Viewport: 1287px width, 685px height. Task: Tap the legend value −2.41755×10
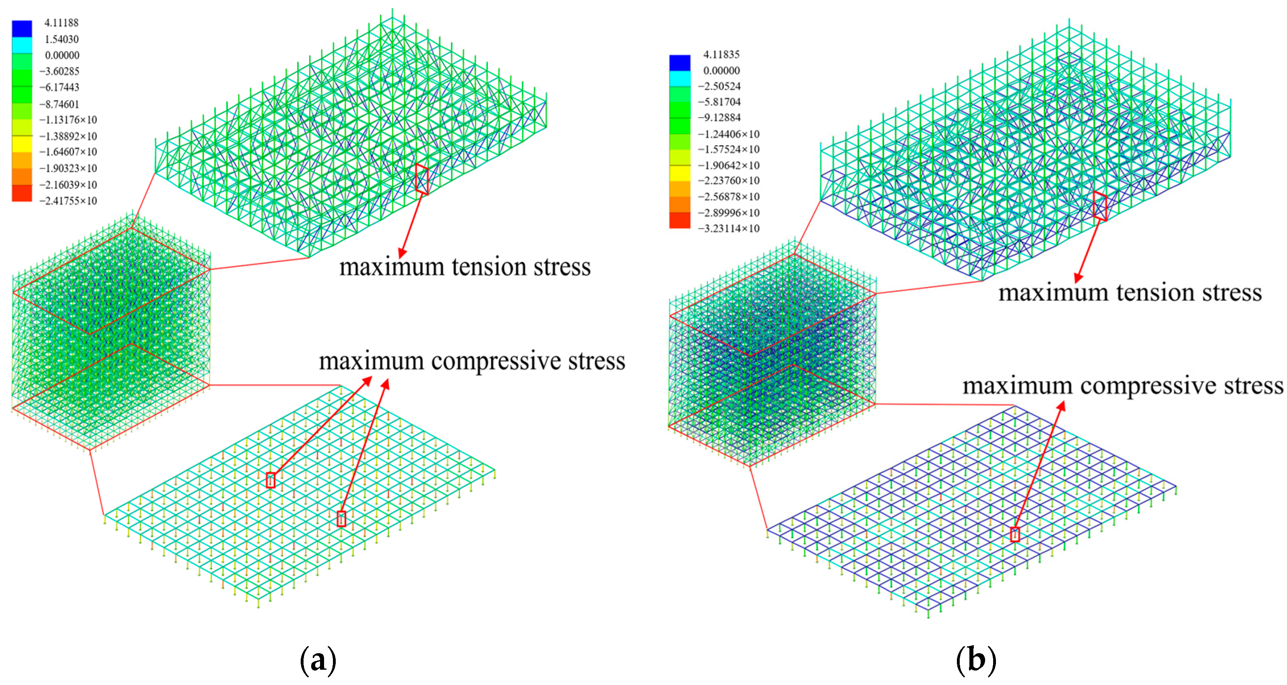pyautogui.click(x=68, y=201)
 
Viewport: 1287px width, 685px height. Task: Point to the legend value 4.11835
pyautogui.click(x=721, y=54)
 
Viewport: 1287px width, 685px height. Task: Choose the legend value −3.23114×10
pyautogui.click(x=728, y=228)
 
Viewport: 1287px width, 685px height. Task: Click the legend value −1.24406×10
pyautogui.click(x=728, y=134)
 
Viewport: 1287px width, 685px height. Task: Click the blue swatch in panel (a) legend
pyautogui.click(x=22, y=29)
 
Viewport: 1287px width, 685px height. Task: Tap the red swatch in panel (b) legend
pyautogui.click(x=680, y=220)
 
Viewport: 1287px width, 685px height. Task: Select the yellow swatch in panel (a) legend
pyautogui.click(x=22, y=144)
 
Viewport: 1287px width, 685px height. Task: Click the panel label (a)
pyautogui.click(x=318, y=660)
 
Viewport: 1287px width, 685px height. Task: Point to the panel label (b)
pyautogui.click(x=976, y=660)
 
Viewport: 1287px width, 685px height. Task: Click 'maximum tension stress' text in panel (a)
pyautogui.click(x=465, y=267)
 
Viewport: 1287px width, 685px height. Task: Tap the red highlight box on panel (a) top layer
pyautogui.click(x=421, y=179)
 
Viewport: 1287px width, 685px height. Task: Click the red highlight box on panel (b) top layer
pyautogui.click(x=1100, y=205)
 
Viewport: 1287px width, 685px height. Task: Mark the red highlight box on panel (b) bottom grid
pyautogui.click(x=1015, y=534)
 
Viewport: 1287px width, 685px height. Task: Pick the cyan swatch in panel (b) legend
pyautogui.click(x=680, y=78)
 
